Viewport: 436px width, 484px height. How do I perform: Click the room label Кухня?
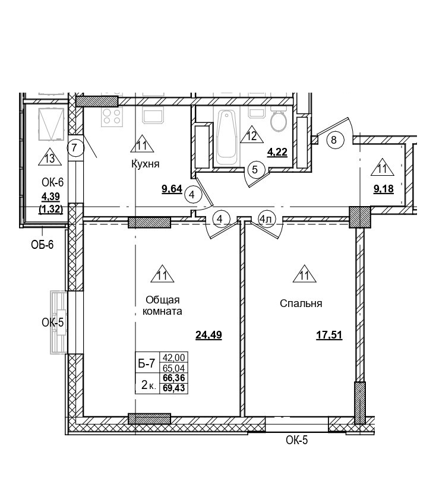(146, 164)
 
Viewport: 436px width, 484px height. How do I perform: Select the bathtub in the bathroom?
(227, 137)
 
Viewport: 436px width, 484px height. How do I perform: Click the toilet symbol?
(278, 123)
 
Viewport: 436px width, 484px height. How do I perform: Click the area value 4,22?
(277, 152)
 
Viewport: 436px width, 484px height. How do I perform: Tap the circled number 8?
(334, 140)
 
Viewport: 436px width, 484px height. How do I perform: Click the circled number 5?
(255, 169)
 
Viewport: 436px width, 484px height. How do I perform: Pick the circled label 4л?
(266, 219)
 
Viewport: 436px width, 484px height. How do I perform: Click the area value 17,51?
(329, 335)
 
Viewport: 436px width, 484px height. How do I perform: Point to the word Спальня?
(301, 303)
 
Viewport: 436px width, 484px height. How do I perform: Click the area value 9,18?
(384, 189)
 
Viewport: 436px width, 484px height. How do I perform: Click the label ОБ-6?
(43, 244)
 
